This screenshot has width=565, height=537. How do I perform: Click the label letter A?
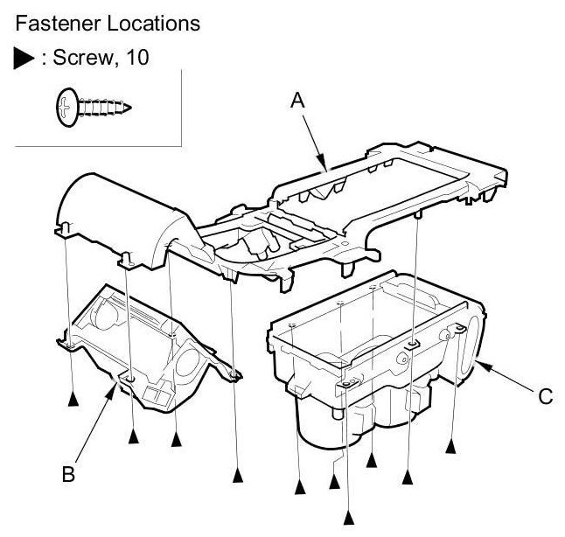(297, 101)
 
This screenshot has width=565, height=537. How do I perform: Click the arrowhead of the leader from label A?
(324, 166)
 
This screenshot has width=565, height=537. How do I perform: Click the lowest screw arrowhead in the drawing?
(351, 518)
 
